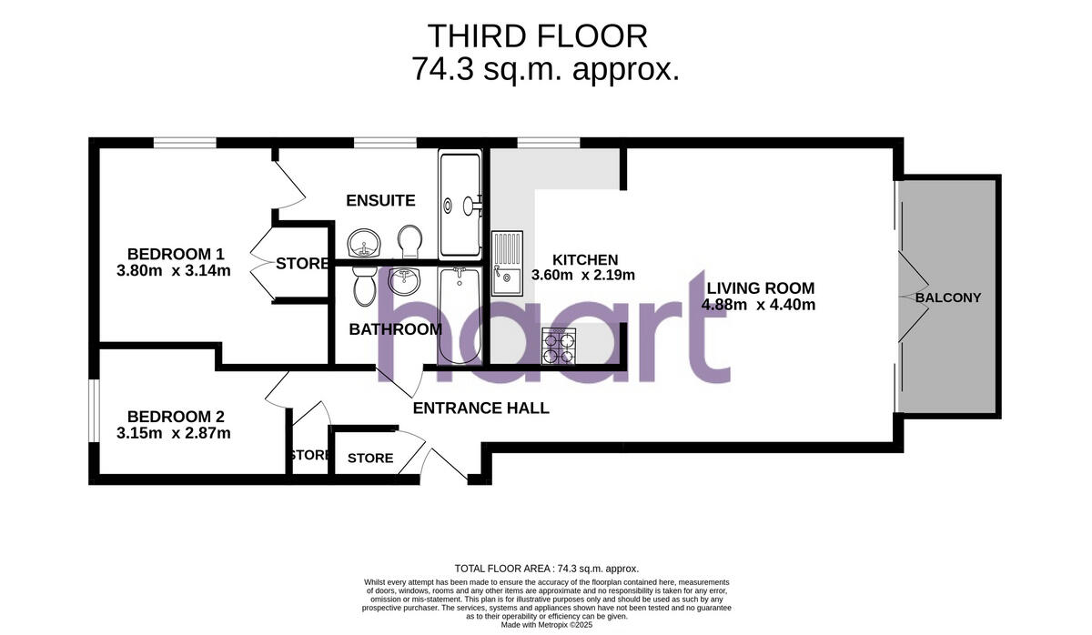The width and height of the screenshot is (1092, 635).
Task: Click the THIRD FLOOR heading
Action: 537,36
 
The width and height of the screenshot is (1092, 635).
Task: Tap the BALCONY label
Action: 948,297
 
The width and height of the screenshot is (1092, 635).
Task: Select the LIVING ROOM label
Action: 758,287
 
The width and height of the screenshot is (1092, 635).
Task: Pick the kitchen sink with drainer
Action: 508,263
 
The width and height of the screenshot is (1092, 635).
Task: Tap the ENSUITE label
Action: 380,200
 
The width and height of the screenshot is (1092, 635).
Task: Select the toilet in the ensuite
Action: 409,241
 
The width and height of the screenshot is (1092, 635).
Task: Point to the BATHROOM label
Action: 396,329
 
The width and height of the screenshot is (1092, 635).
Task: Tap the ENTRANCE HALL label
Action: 481,408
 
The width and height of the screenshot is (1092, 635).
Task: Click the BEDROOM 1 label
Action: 176,254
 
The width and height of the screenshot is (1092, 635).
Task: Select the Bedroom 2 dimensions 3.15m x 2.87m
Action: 174,433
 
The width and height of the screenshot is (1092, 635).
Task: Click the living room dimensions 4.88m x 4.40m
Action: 758,305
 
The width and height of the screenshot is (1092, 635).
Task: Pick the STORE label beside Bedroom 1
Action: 302,264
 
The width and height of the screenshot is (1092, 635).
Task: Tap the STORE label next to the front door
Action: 370,458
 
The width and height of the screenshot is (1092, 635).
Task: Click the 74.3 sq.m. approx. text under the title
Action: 546,69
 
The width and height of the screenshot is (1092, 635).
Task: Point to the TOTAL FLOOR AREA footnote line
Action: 546,568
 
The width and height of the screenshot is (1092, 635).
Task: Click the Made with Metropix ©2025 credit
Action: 546,625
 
